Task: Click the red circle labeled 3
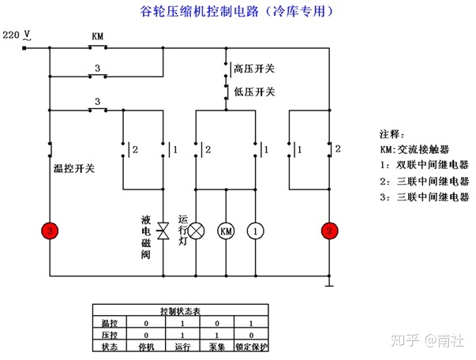pyautogui.click(x=51, y=231)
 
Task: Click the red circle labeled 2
pyautogui.click(x=328, y=231)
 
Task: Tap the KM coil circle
pyautogui.click(x=226, y=231)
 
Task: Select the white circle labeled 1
pyautogui.click(x=255, y=231)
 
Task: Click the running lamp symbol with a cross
pyautogui.click(x=195, y=231)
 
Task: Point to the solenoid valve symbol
pyautogui.click(x=163, y=230)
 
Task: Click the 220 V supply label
pyautogui.click(x=17, y=36)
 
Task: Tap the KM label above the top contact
pyautogui.click(x=97, y=36)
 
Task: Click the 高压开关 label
pyautogui.click(x=254, y=69)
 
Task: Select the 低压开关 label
pyautogui.click(x=254, y=92)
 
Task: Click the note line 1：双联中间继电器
pyautogui.click(x=423, y=165)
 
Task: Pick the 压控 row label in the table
pyautogui.click(x=108, y=334)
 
